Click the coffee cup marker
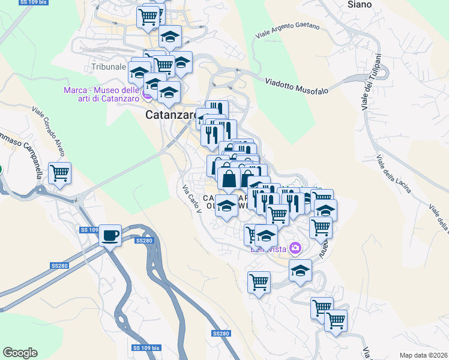point(109,235)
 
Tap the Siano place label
point(360,4)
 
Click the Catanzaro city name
point(172,114)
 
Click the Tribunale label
point(109,67)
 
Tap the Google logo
point(20,352)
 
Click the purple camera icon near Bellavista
point(295,247)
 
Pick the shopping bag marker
point(229,178)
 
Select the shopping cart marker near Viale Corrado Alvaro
point(59,173)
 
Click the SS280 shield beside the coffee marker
point(144,241)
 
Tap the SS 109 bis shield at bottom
point(146,348)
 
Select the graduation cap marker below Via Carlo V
point(226,206)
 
